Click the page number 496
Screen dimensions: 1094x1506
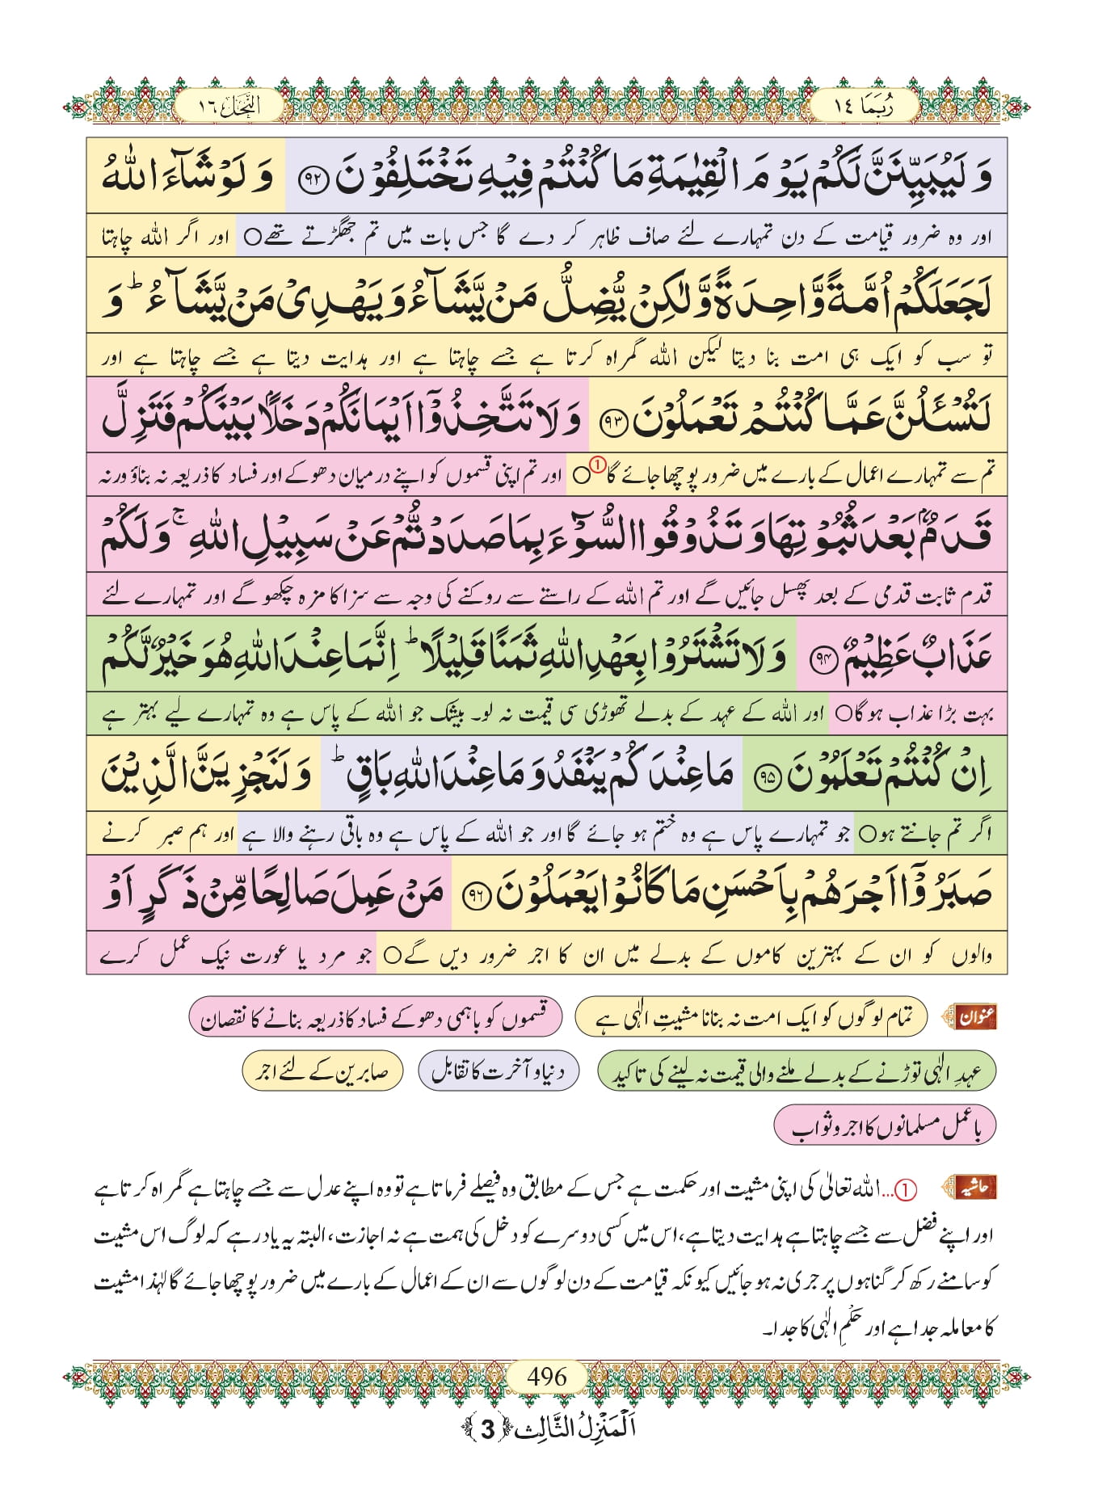(x=547, y=1376)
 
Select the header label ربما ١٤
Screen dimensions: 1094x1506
(x=864, y=107)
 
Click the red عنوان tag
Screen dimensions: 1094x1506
(x=976, y=1017)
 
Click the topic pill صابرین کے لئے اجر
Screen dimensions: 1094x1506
(x=322, y=1071)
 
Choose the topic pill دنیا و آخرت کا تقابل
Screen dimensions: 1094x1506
(x=499, y=1071)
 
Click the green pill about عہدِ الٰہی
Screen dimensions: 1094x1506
(x=796, y=1071)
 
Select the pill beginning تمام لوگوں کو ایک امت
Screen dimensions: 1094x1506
(x=751, y=1017)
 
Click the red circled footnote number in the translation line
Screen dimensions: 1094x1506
(x=596, y=465)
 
